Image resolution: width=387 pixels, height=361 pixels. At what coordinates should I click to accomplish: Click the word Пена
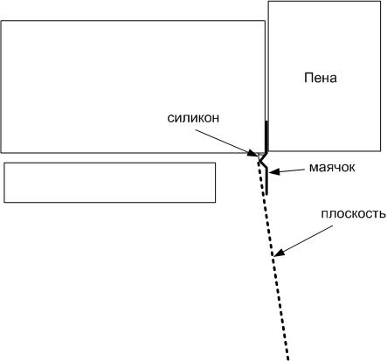click(321, 78)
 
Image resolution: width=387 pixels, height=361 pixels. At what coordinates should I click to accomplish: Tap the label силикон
click(193, 118)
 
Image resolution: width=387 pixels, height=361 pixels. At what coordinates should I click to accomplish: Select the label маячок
click(332, 167)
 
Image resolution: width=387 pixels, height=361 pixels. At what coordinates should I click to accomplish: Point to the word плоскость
click(354, 214)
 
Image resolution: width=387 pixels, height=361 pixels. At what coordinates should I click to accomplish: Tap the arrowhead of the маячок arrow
click(273, 172)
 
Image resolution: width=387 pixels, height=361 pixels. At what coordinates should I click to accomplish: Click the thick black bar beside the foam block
click(266, 135)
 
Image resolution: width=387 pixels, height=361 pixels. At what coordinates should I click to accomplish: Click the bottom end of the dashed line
click(288, 359)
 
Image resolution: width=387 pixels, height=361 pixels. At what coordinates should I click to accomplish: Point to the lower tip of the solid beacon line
click(266, 194)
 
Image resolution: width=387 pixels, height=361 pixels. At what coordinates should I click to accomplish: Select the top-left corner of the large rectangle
click(2, 21)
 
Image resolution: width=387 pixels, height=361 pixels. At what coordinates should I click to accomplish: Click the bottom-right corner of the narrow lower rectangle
click(216, 202)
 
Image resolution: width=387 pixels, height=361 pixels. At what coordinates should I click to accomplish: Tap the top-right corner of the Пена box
click(381, 2)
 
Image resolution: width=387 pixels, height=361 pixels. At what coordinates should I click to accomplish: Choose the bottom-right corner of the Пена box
click(381, 151)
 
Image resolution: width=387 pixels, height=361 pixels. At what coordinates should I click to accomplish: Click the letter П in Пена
click(308, 78)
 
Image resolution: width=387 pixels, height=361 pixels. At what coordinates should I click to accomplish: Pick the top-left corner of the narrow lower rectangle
click(4, 163)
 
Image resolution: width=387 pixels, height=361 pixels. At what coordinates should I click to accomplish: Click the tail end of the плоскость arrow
click(333, 226)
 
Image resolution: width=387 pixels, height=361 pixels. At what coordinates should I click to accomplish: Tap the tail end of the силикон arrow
click(196, 130)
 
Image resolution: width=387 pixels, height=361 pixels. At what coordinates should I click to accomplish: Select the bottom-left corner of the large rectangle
click(2, 152)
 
